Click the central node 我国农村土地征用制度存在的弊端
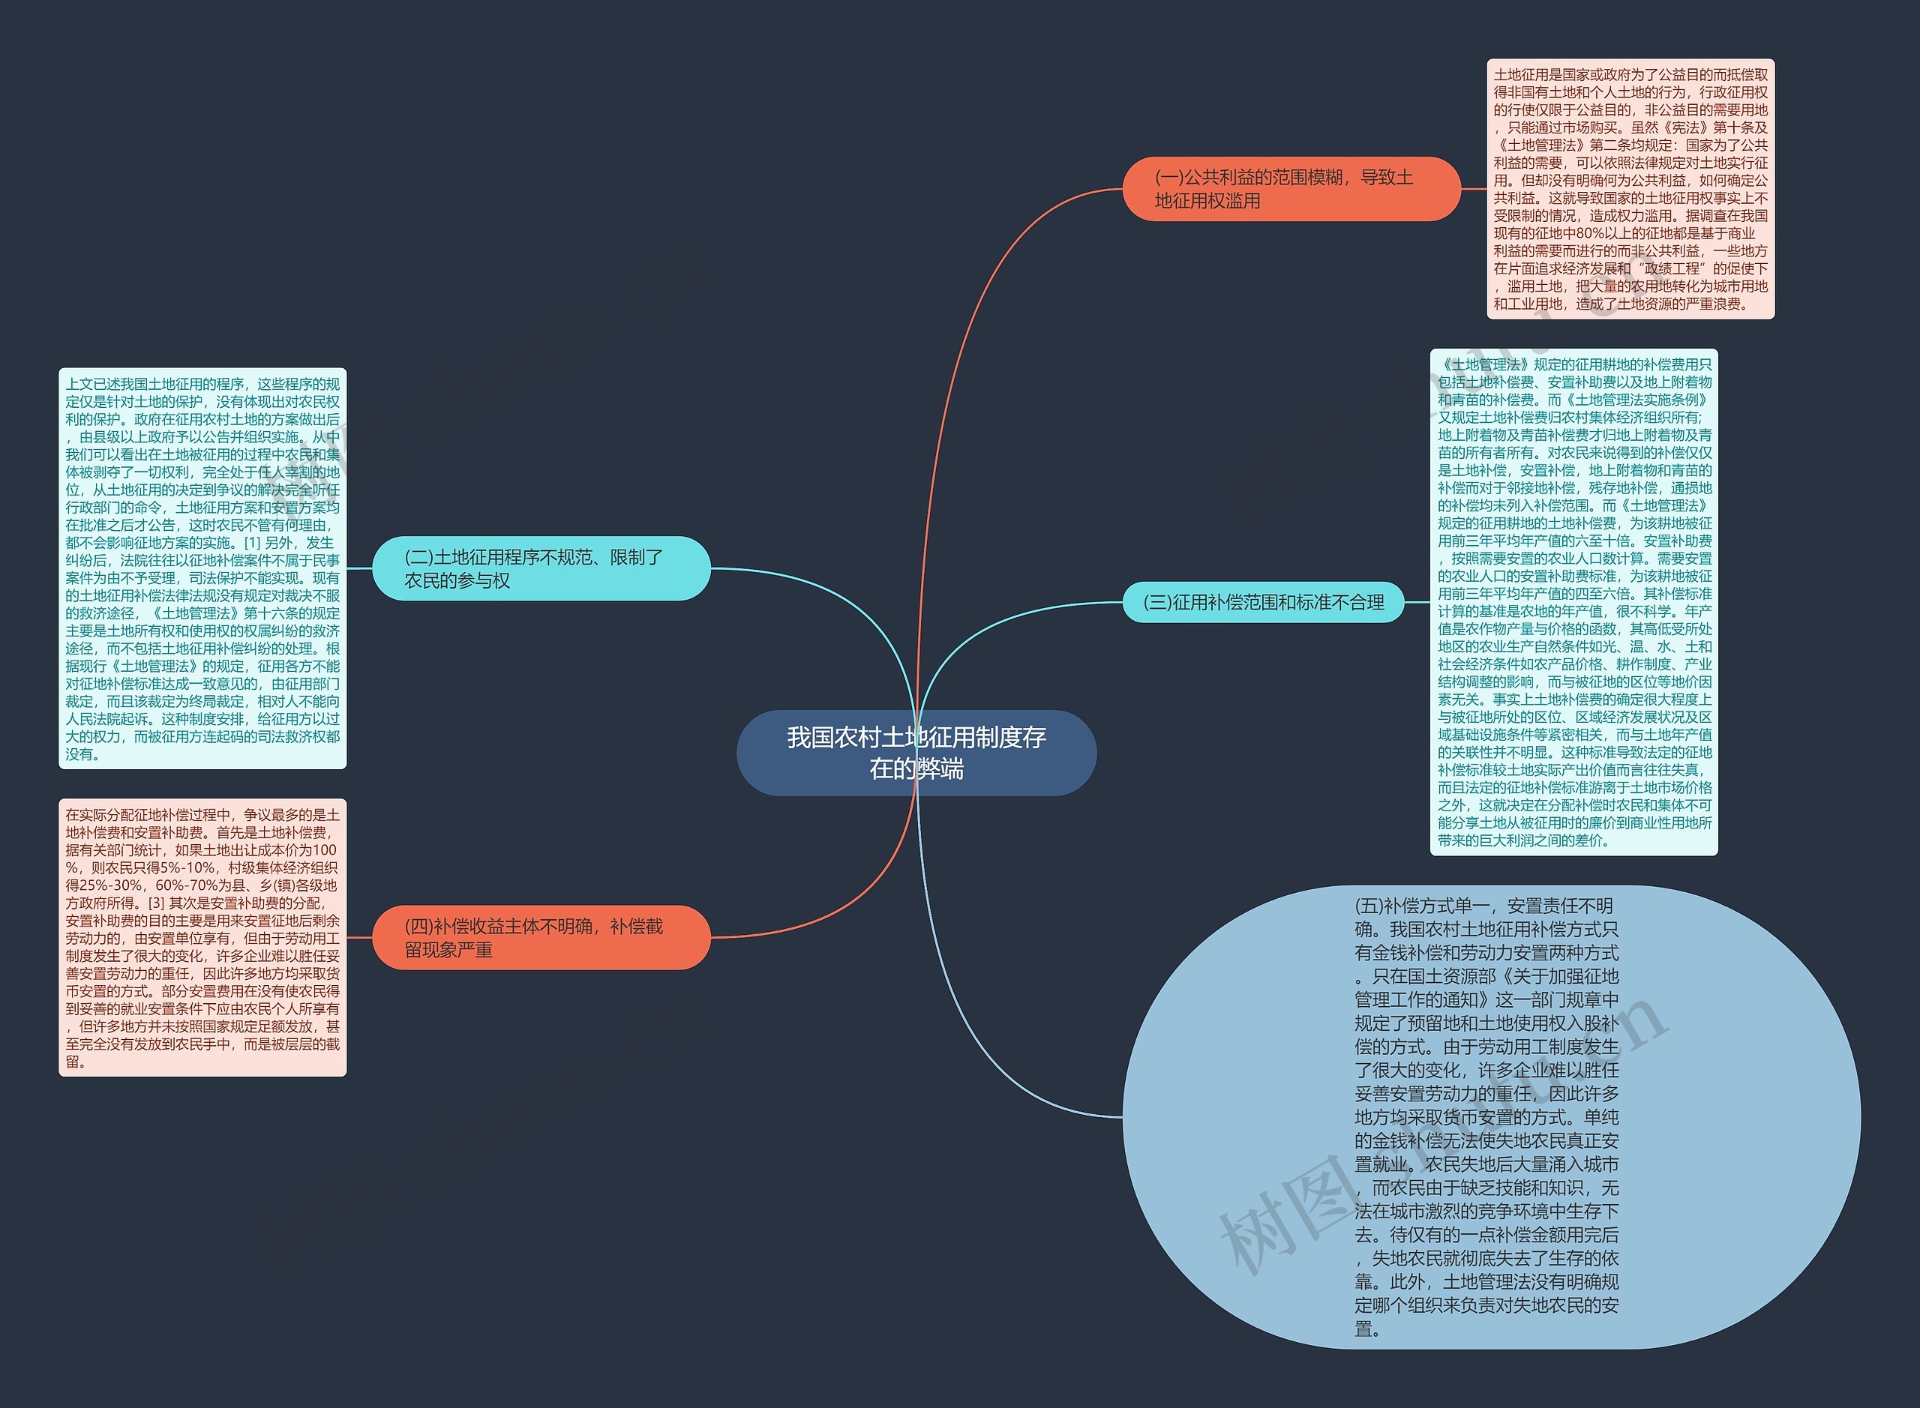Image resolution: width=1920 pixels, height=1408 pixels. pyautogui.click(x=916, y=753)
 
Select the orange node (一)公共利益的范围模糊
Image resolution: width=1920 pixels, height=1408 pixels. pyautogui.click(x=1291, y=189)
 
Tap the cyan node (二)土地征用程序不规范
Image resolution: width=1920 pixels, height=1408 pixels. pyautogui.click(x=541, y=568)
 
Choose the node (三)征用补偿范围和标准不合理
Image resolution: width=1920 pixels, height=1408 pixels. pyautogui.click(x=1263, y=603)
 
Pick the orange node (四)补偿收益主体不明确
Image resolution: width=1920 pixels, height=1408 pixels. pyautogui.click(x=541, y=937)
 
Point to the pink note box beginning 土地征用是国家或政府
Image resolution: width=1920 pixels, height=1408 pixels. pyautogui.click(x=1630, y=189)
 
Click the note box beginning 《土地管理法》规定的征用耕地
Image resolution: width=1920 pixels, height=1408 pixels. pyautogui.click(x=1573, y=602)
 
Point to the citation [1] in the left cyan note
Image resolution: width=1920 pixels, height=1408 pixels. pyautogui.click(x=252, y=543)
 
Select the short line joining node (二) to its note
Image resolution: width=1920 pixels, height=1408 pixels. pyautogui.click(x=360, y=568)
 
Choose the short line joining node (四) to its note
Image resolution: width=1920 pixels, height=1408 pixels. pyautogui.click(x=360, y=937)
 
